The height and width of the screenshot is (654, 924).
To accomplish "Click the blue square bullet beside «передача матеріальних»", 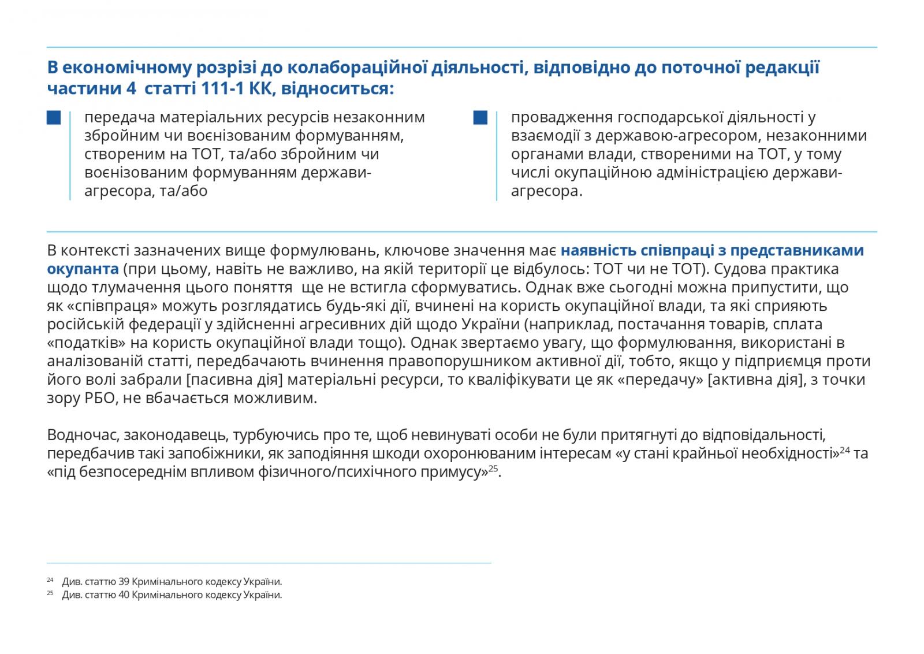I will point(54,118).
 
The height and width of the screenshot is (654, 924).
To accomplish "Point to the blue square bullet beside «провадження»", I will point(480,118).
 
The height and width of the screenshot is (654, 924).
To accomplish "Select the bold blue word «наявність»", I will point(595,251).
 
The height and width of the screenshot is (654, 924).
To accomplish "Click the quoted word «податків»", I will point(87,343).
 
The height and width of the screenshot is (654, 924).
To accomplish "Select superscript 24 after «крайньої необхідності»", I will point(844,449).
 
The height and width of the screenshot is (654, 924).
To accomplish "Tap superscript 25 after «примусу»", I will point(493,468).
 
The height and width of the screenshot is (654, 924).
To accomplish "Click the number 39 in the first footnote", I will point(124,582).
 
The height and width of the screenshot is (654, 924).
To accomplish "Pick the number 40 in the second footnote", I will point(124,594).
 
